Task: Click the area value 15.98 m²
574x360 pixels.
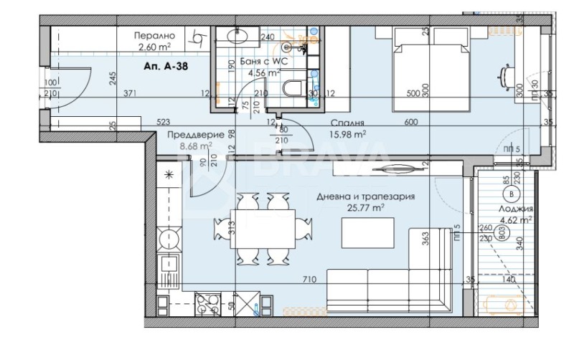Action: point(349,133)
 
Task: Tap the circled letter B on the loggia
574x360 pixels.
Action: point(511,195)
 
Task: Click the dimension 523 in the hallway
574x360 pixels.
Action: point(163,123)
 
